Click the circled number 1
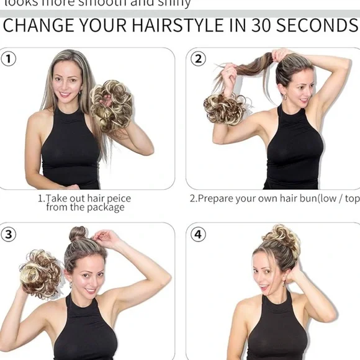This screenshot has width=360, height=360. (9, 59)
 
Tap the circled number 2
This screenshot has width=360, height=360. (198, 59)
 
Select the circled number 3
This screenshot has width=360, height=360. (9, 234)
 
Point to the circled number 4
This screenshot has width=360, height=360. (198, 234)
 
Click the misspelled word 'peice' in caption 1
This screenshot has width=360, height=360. (117, 199)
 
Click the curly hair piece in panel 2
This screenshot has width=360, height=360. (224, 108)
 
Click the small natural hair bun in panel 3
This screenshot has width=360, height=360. (78, 234)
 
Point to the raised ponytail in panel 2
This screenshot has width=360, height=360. (248, 66)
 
